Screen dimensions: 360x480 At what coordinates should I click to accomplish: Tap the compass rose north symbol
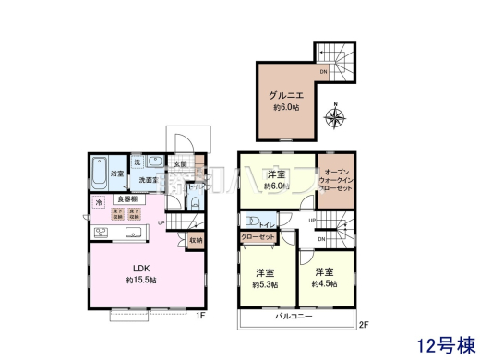(x=335, y=115)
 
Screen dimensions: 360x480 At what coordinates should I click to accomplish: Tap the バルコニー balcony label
(x=294, y=318)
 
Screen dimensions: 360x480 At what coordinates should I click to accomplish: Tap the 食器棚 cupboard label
(x=127, y=198)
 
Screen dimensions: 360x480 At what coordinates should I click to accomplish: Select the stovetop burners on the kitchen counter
(x=98, y=228)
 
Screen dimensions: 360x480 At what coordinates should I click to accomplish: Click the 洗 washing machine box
(x=137, y=163)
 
